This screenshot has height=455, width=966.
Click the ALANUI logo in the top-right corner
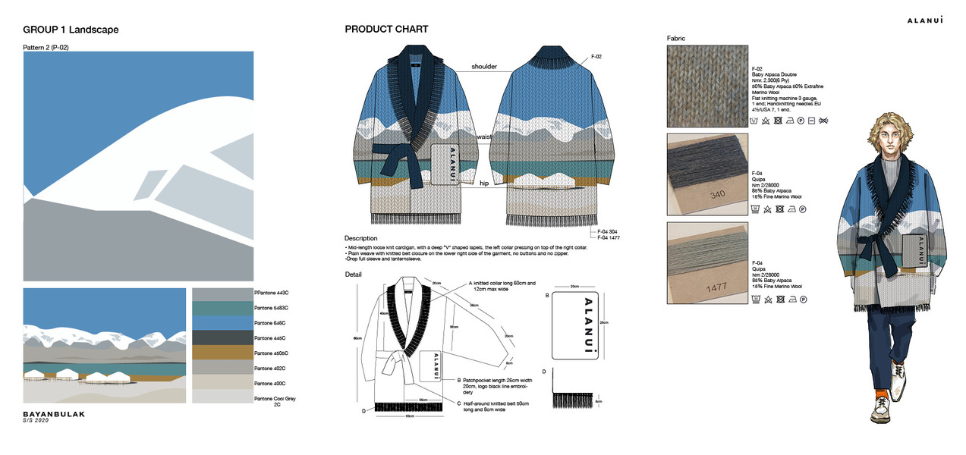(925, 20)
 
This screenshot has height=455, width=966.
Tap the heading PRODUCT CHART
(386, 30)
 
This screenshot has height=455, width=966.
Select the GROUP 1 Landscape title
(71, 30)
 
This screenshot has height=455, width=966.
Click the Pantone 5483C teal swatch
(222, 308)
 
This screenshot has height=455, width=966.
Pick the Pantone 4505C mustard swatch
(222, 353)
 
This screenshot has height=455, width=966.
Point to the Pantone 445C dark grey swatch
(222, 337)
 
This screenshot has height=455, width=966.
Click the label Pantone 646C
(271, 323)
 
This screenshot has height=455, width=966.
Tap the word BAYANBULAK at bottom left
(54, 415)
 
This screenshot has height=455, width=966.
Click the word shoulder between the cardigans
(483, 67)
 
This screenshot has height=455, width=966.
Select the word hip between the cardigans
(483, 183)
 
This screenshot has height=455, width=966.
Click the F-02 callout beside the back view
(596, 57)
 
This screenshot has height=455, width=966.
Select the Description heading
(360, 238)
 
